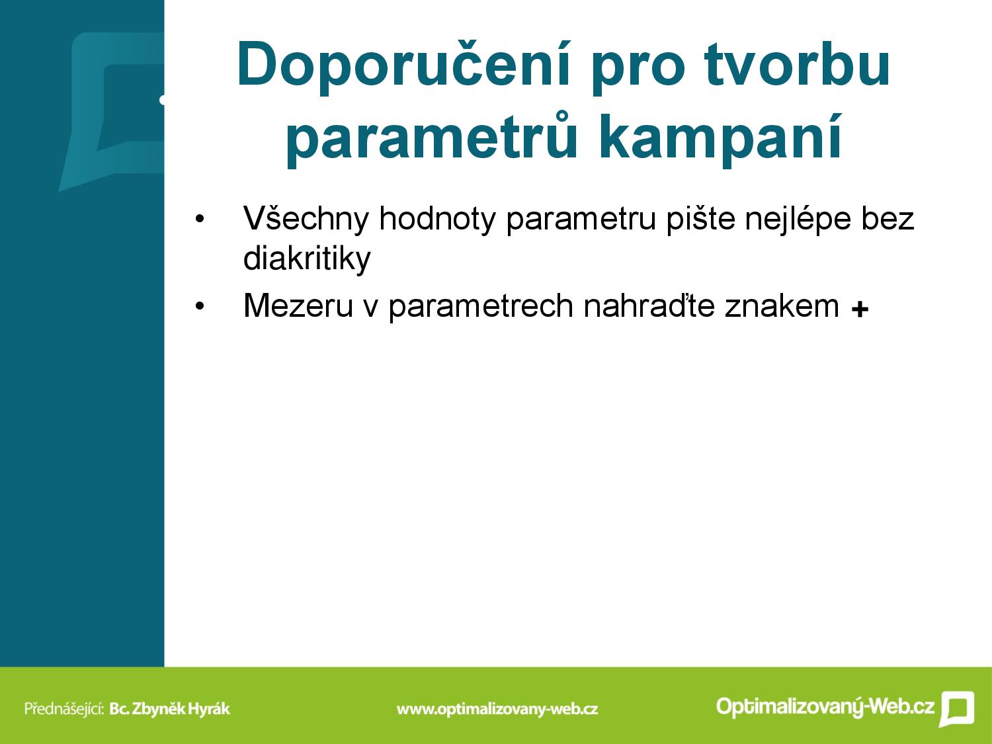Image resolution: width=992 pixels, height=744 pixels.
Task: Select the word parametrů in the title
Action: click(x=432, y=137)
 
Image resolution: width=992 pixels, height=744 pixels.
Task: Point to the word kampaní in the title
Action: click(x=720, y=137)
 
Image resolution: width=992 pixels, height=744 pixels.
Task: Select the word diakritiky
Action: click(x=307, y=259)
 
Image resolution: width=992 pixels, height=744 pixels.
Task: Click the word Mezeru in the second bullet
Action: click(x=298, y=306)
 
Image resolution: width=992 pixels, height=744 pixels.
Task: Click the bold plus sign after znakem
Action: click(x=860, y=310)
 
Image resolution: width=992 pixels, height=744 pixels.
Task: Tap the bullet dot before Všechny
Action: click(x=200, y=220)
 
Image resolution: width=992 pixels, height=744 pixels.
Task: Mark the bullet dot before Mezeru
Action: click(x=200, y=307)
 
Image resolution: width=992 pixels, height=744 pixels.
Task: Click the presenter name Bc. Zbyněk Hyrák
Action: click(x=170, y=708)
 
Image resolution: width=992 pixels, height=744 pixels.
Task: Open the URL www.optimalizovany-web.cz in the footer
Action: click(x=497, y=709)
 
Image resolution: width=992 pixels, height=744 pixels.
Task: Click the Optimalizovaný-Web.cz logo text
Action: click(x=825, y=706)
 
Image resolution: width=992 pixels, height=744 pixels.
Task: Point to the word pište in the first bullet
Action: click(x=700, y=219)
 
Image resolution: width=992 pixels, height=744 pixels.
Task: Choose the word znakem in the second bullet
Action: click(x=782, y=306)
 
